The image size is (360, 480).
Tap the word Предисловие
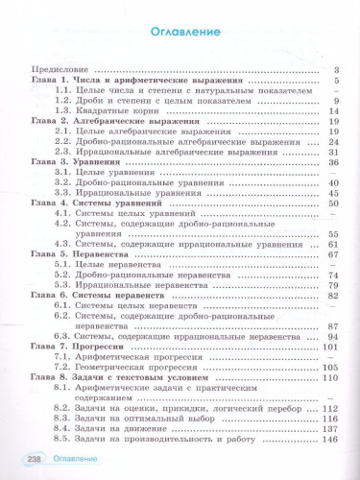point(57,69)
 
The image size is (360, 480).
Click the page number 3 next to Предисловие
point(337,69)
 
